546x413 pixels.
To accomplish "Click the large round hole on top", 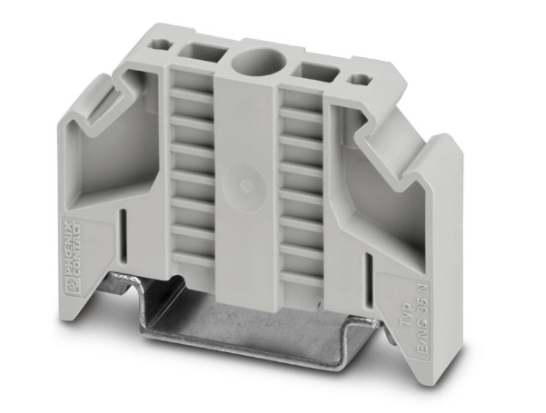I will click(x=250, y=64).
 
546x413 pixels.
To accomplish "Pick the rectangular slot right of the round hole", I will click(x=312, y=71).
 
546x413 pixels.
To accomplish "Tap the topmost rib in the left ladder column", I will click(x=192, y=93).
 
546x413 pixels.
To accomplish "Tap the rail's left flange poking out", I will click(x=123, y=284).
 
